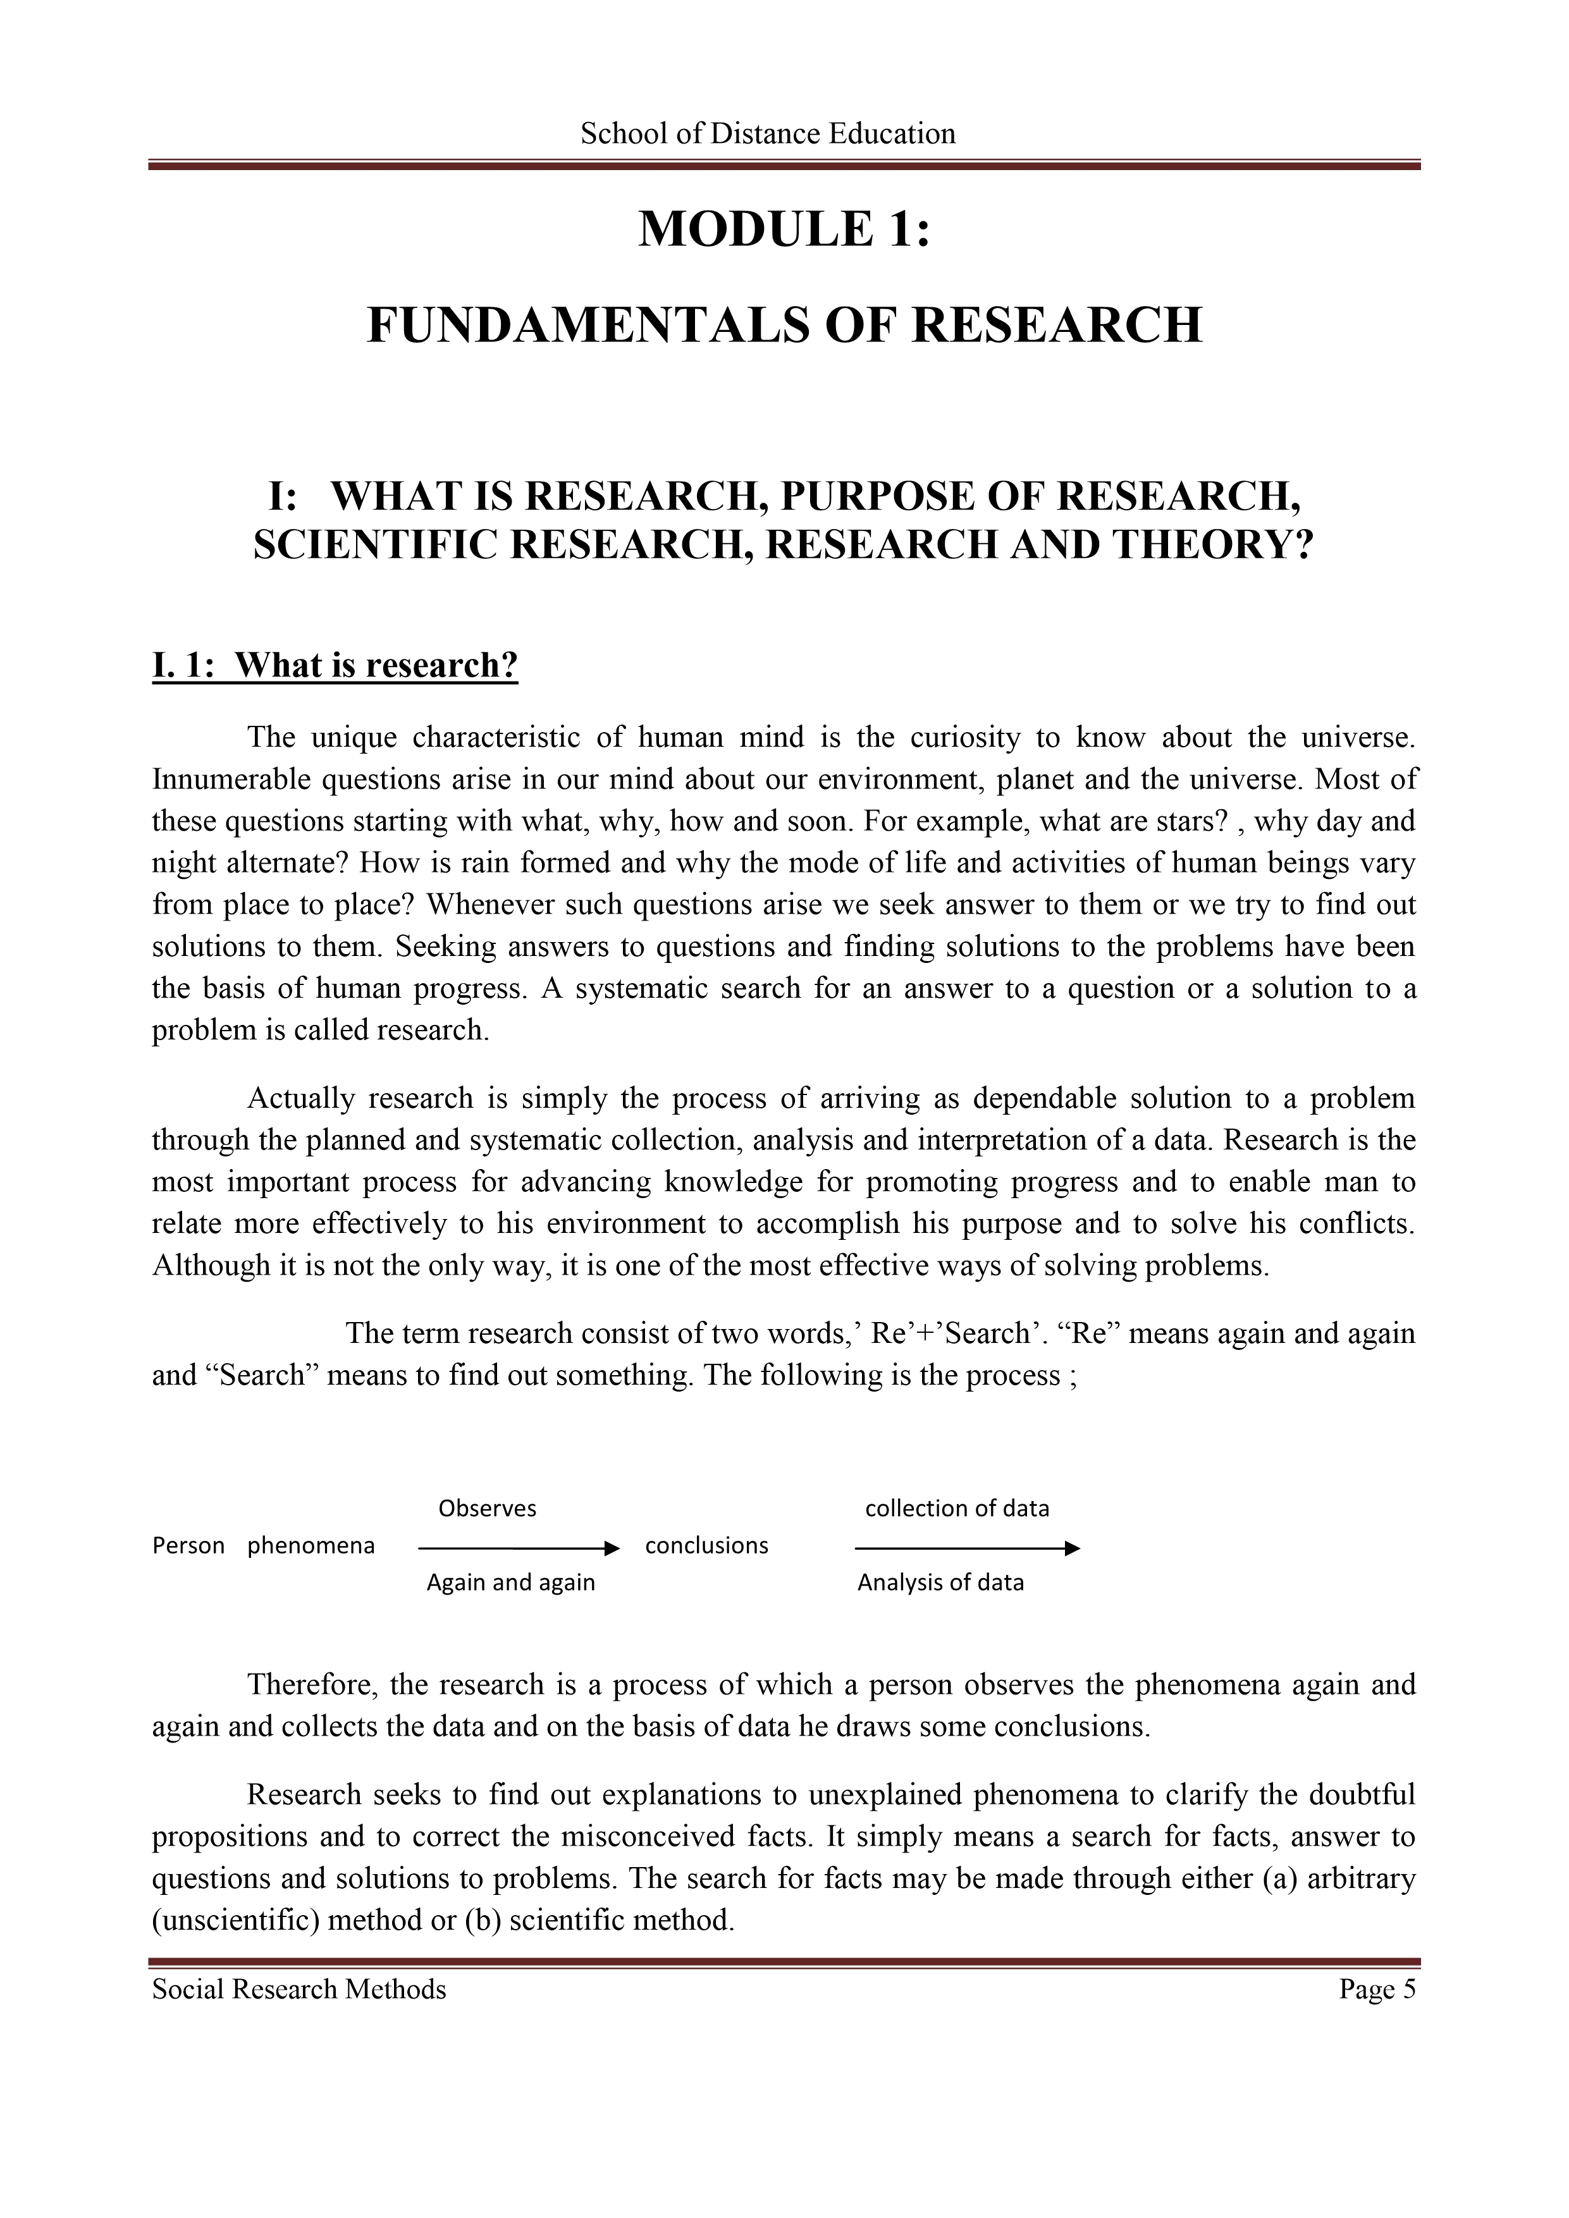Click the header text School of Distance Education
(x=768, y=133)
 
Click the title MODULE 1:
(x=784, y=230)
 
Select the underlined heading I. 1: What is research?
(x=335, y=666)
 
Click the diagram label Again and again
(x=511, y=1583)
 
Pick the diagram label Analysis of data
(x=940, y=1583)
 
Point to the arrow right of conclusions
(x=967, y=1548)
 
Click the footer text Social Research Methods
(x=300, y=1989)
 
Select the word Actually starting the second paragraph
(x=302, y=1098)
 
